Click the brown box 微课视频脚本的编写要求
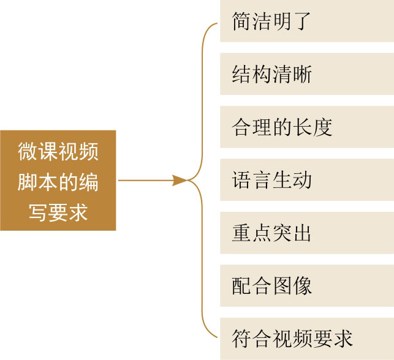coord(58,181)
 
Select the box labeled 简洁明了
coord(306,21)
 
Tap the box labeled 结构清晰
coord(306,74)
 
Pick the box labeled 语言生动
coord(306,180)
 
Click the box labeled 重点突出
coord(306,233)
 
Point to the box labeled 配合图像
coord(306,285)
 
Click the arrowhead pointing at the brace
coord(180,181)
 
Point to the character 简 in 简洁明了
coord(241,21)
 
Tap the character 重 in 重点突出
coord(241,233)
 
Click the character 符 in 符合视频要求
coord(241,338)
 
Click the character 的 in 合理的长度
coord(282,127)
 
